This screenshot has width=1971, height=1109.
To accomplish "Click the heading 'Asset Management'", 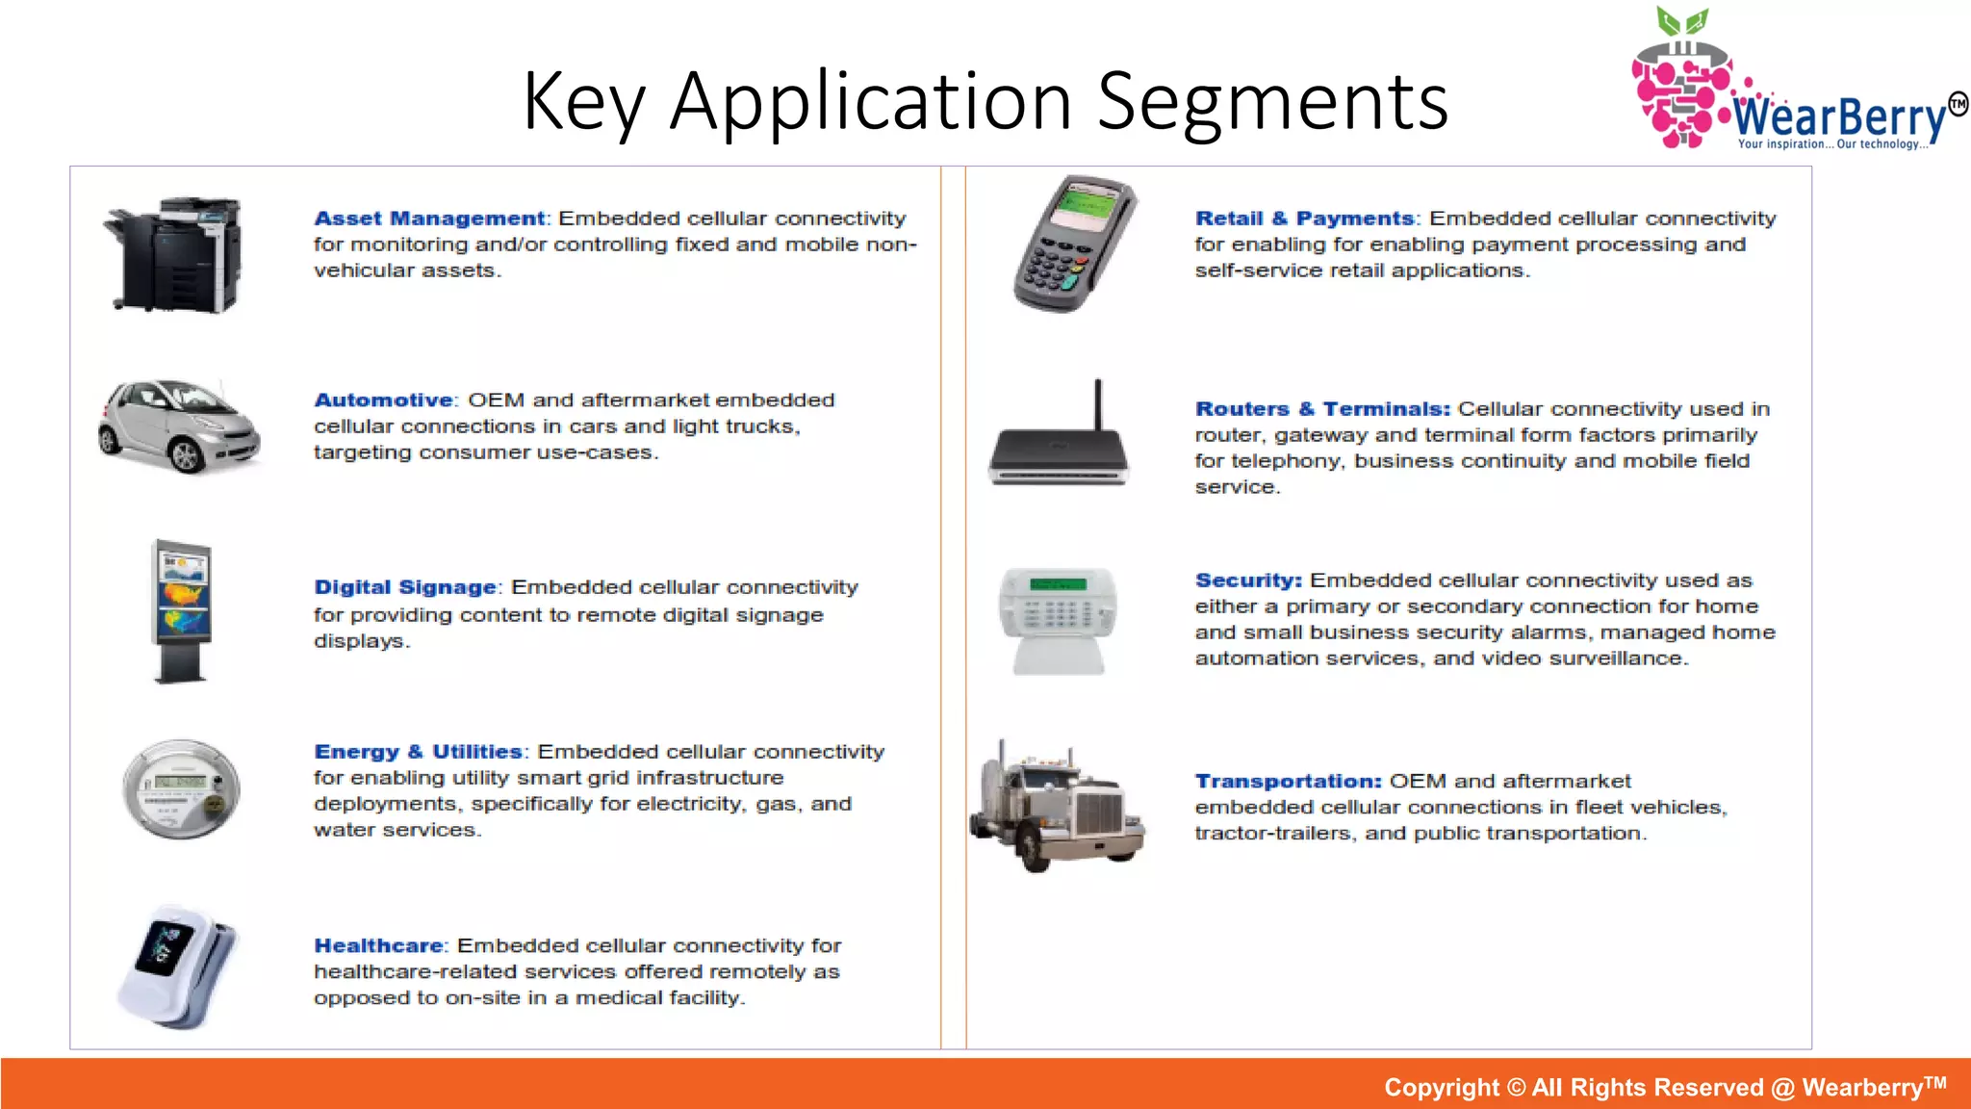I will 429,219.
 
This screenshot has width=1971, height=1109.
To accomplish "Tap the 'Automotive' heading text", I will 383,400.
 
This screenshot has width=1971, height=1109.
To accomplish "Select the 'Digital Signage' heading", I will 405,587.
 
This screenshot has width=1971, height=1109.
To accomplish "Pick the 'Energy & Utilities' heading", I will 418,752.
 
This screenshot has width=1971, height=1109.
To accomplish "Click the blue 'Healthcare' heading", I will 378,945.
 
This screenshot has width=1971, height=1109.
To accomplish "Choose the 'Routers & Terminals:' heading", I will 1322,409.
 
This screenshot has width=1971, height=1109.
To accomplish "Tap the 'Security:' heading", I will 1248,580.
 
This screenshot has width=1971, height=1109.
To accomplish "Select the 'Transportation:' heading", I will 1288,781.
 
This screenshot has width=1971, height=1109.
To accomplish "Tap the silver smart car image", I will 179,425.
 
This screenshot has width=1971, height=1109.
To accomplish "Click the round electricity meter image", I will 181,788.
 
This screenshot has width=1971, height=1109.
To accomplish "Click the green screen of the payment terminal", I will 1088,205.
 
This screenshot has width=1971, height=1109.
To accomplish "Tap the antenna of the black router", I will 1097,404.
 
